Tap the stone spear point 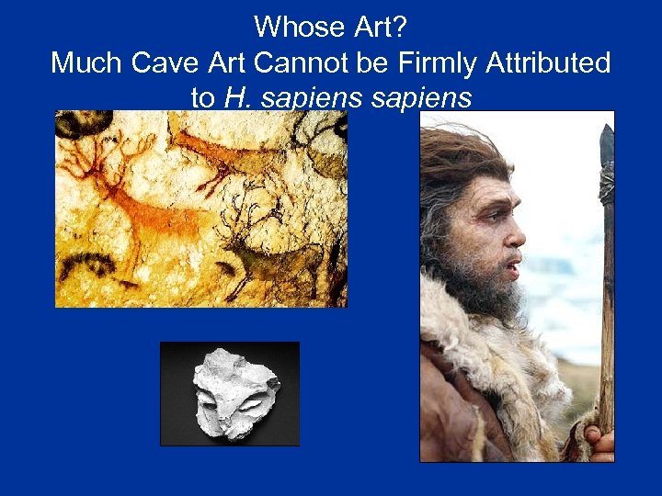point(606,147)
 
